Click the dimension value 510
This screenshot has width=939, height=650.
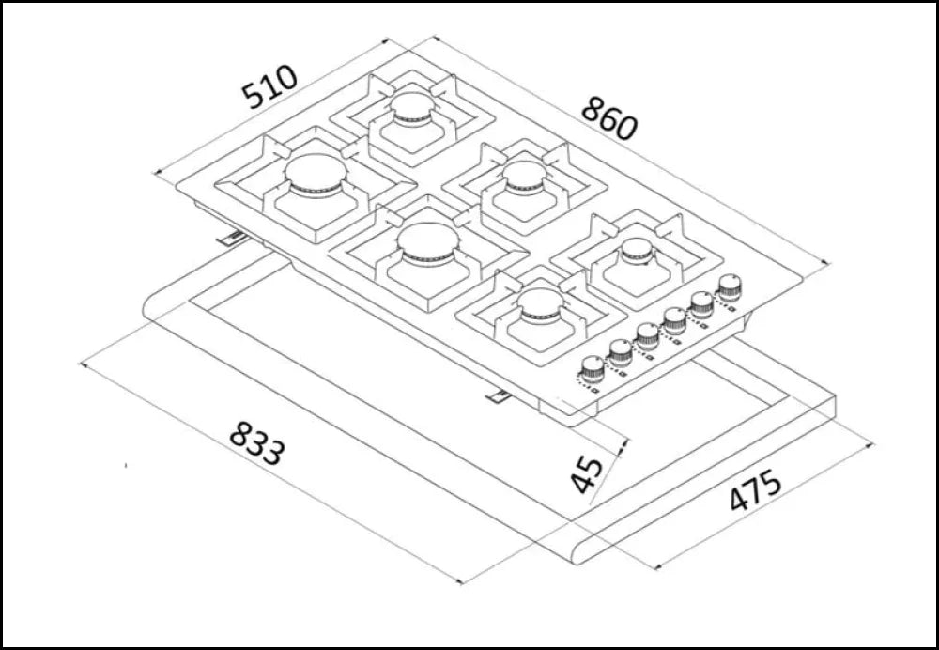tap(269, 87)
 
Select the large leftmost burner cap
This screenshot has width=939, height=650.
tap(316, 173)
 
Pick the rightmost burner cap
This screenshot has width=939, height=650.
tap(636, 250)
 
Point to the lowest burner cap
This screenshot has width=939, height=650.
tap(541, 302)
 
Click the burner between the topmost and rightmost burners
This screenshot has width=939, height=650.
tap(522, 174)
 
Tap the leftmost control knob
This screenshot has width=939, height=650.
tap(591, 369)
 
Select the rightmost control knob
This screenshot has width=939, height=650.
tap(729, 286)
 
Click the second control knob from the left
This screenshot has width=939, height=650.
tap(620, 351)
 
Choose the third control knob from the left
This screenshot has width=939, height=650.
tap(647, 334)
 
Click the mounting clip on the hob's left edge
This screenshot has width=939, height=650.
tap(230, 240)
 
